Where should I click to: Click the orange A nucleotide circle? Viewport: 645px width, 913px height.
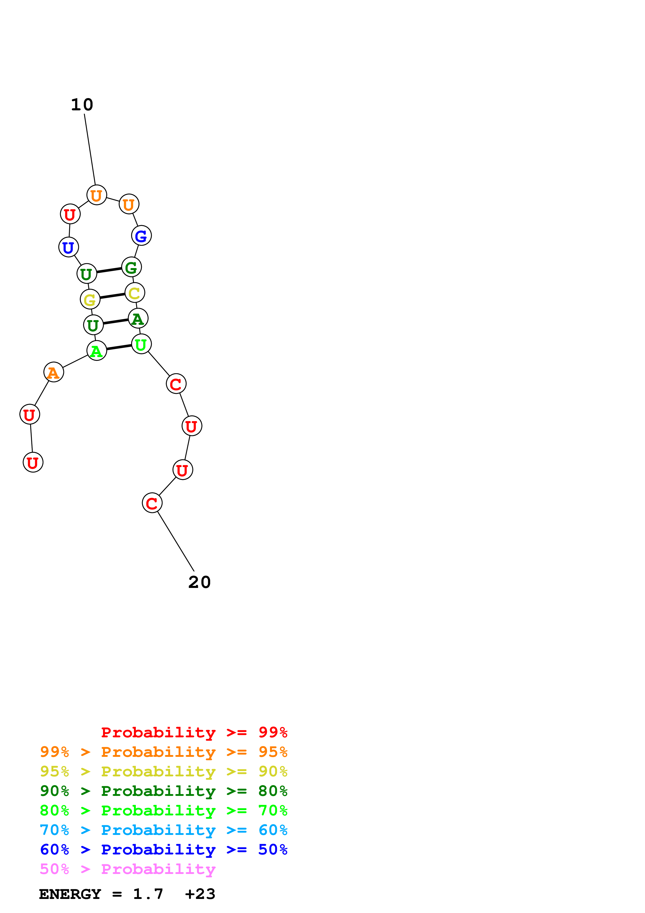54,372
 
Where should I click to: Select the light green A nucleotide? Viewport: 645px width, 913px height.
97,351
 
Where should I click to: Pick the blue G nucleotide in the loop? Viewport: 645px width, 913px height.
142,236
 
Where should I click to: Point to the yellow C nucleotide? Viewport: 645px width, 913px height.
135,293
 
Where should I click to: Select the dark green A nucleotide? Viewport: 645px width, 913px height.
138,319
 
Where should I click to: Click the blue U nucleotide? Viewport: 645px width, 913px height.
68,247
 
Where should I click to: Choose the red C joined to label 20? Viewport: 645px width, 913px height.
152,503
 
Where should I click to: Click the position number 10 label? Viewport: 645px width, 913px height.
82,105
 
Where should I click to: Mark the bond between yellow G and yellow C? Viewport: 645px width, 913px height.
112,296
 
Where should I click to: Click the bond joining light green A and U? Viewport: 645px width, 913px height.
119,347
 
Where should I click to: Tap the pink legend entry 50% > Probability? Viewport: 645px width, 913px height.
127,869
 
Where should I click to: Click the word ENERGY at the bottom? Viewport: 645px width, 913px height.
70,894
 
